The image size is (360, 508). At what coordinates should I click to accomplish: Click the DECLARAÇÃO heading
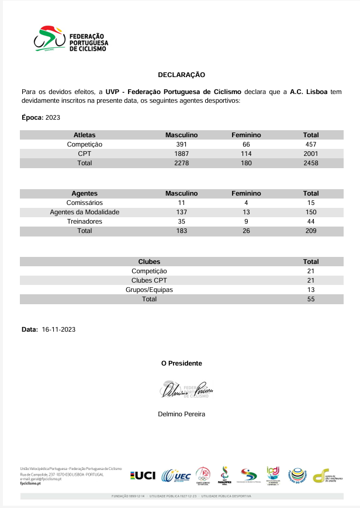click(181, 75)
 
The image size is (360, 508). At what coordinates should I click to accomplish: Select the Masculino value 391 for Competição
click(181, 144)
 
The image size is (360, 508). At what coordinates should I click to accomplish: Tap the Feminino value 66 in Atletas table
click(246, 144)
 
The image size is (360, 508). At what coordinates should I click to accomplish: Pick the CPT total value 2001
click(311, 154)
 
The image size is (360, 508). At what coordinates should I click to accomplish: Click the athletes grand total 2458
click(311, 163)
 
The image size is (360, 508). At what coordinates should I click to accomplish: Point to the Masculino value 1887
click(181, 154)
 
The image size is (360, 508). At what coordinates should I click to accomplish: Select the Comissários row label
click(85, 203)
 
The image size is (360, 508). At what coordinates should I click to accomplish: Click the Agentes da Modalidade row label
click(85, 212)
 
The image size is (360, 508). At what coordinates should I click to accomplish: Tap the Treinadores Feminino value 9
click(246, 221)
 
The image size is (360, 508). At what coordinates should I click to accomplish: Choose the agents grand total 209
click(311, 231)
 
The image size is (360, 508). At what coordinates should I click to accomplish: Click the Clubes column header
click(149, 262)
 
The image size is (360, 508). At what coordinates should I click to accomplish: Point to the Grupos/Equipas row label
click(149, 290)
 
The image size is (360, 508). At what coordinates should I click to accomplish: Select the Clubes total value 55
click(311, 299)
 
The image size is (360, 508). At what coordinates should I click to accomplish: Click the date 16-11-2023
click(58, 329)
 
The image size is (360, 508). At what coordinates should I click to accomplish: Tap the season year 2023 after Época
click(53, 118)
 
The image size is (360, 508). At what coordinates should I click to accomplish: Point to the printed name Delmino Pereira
click(181, 414)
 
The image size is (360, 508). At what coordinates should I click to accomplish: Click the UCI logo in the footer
click(143, 476)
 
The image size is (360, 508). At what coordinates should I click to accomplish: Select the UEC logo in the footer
click(176, 476)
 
